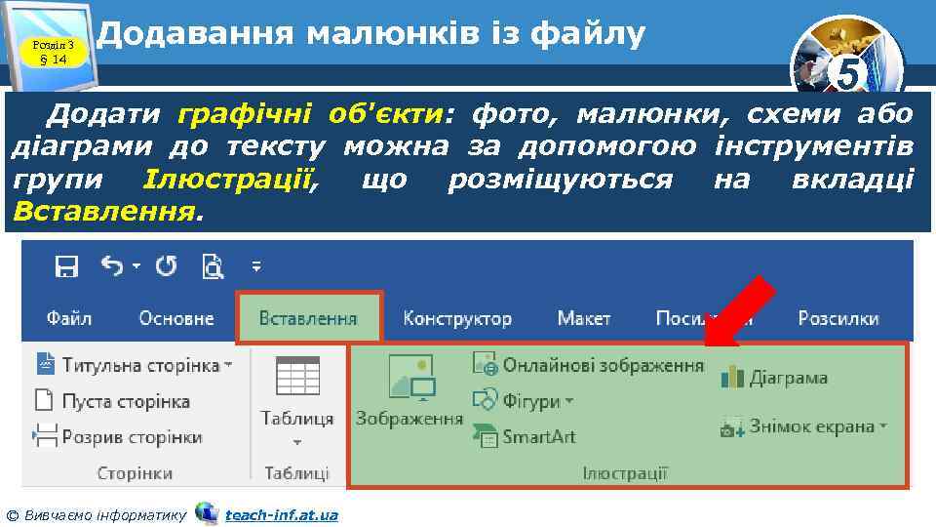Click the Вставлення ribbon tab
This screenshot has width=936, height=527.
tap(308, 318)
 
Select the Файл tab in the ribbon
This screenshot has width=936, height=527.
tap(68, 318)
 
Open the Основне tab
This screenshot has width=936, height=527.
tap(175, 318)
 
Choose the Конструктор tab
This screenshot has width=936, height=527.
tap(456, 318)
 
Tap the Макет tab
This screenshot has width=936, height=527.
tap(584, 318)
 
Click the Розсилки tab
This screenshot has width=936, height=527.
tap(838, 318)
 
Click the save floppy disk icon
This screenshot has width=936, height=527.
tap(66, 265)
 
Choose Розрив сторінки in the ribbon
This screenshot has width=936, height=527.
tap(119, 436)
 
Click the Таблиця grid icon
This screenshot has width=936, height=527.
tap(297, 377)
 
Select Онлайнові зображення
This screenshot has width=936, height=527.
tap(589, 365)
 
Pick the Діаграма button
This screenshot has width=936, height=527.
tap(775, 377)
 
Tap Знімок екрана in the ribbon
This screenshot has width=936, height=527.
tap(804, 426)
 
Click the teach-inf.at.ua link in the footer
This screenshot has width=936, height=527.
tap(281, 514)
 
